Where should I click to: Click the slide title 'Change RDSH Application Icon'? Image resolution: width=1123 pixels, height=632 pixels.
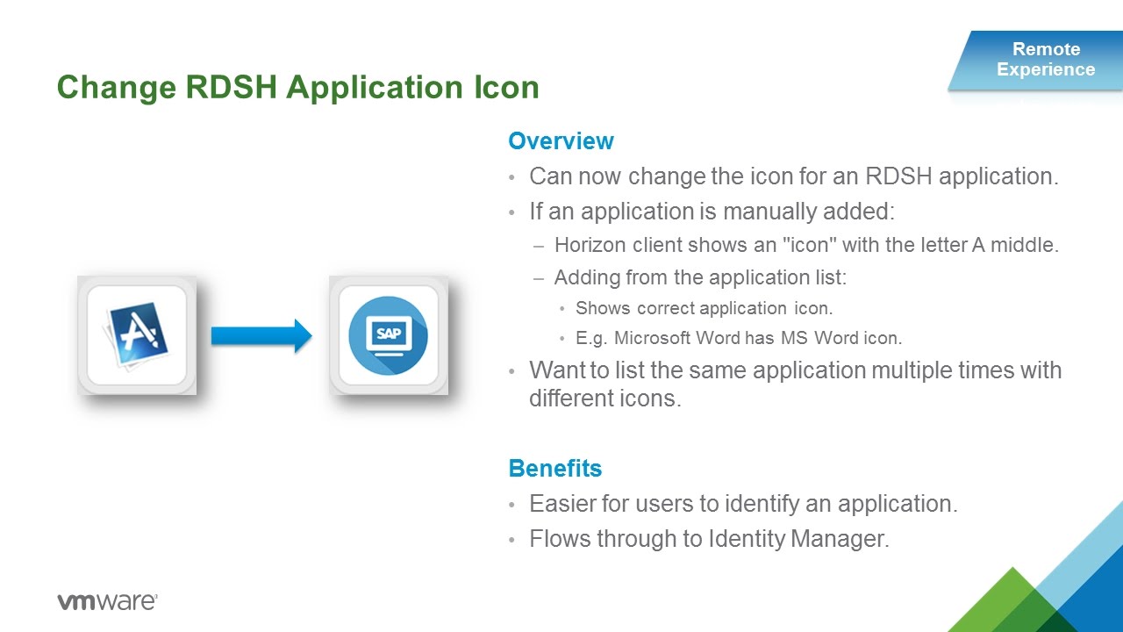tap(297, 88)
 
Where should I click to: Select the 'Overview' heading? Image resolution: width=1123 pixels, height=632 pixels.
tap(561, 141)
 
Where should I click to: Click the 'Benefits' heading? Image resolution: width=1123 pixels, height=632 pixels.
tap(554, 468)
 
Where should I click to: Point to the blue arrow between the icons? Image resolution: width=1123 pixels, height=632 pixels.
tap(261, 334)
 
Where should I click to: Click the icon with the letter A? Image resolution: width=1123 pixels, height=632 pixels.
tap(137, 334)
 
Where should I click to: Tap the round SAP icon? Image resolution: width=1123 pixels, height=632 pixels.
tap(389, 334)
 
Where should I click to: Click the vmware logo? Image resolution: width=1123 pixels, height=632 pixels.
tap(107, 602)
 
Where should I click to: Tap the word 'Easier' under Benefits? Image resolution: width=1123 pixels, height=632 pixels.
tap(559, 504)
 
